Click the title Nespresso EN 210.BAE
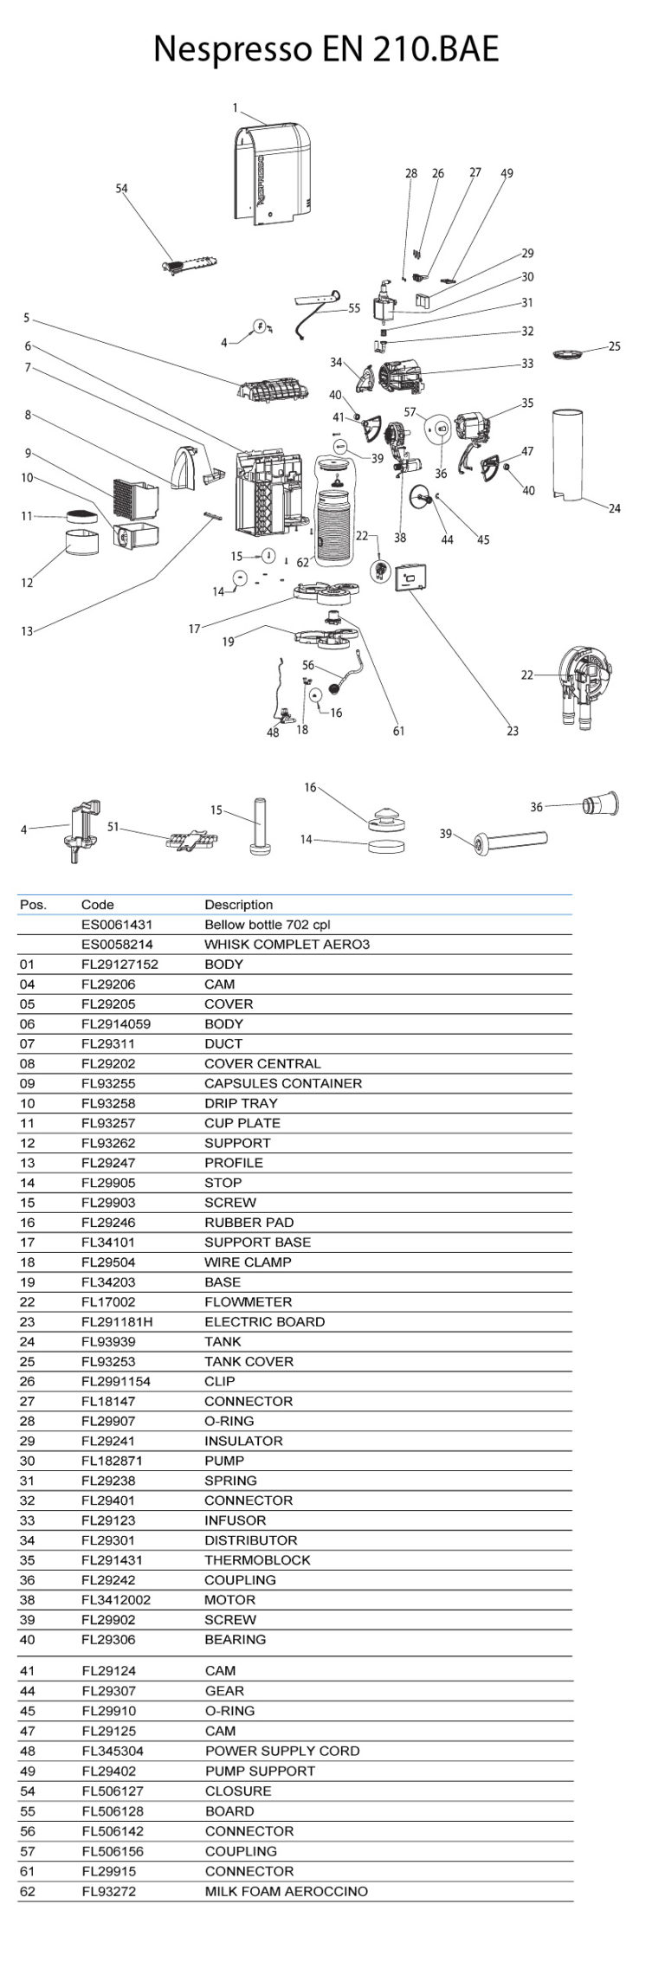[x=326, y=49]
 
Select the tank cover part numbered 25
[x=568, y=353]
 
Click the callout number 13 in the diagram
[x=27, y=631]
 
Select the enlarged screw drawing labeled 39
[x=511, y=840]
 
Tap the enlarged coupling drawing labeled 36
[x=602, y=804]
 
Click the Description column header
[x=238, y=905]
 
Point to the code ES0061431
[x=117, y=925]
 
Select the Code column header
[x=98, y=905]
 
